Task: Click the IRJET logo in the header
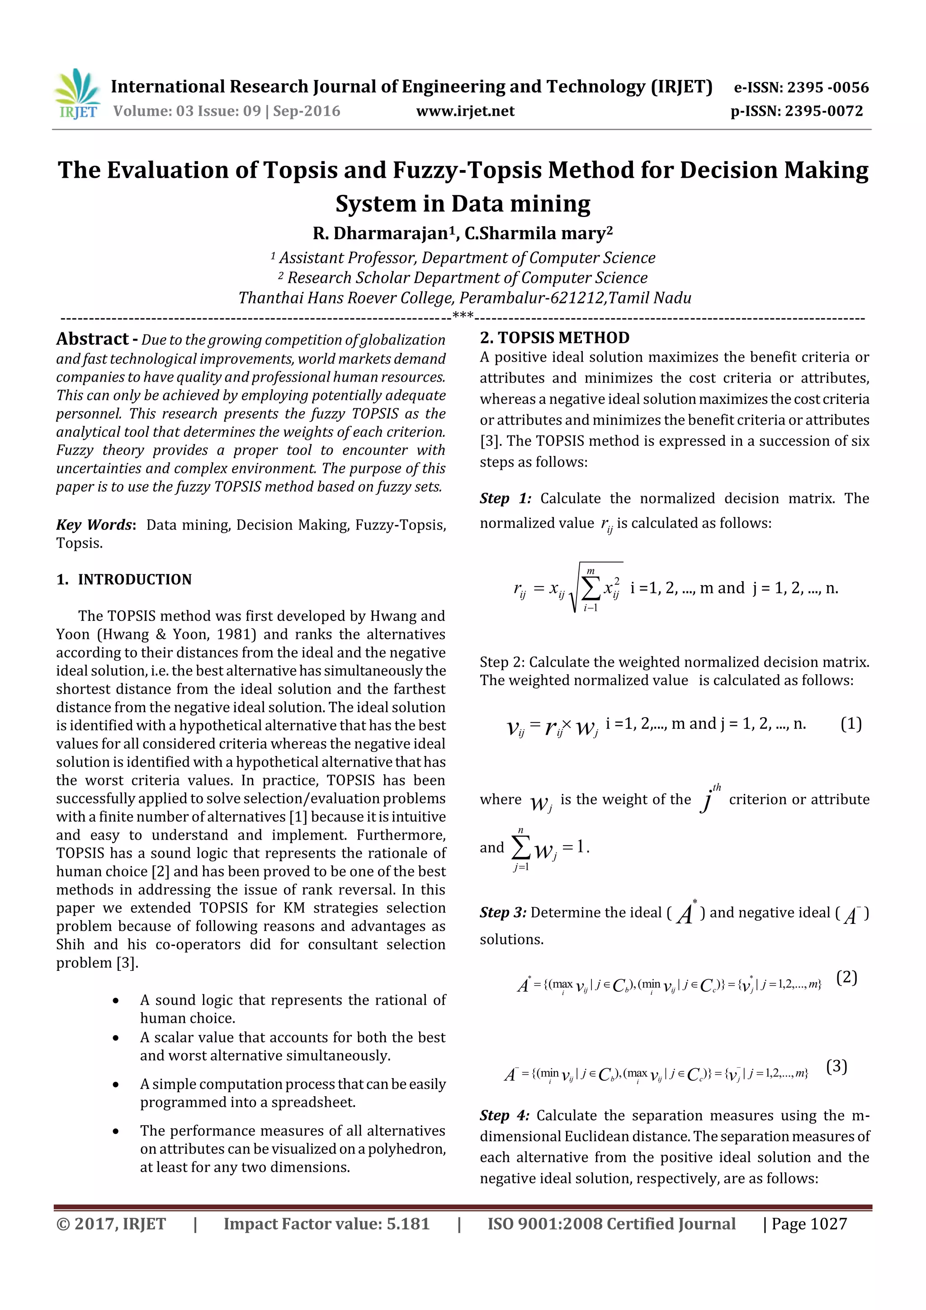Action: (x=77, y=94)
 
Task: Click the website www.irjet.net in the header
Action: (x=465, y=111)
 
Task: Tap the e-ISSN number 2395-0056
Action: (x=827, y=87)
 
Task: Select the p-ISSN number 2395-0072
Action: (x=824, y=111)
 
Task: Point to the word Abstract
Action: (x=92, y=339)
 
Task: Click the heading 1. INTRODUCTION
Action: (x=124, y=579)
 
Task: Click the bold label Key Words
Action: (x=94, y=525)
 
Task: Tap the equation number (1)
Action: (x=850, y=724)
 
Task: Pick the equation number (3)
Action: (x=836, y=1066)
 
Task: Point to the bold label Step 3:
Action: (x=503, y=913)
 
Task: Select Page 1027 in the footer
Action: (x=809, y=1224)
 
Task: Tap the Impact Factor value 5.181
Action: (x=408, y=1224)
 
